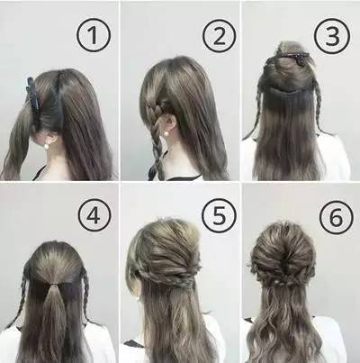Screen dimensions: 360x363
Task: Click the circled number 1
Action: (94, 35)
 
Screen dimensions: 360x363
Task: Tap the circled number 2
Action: (219, 36)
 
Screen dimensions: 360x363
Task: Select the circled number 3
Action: (332, 36)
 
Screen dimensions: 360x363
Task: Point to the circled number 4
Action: (94, 215)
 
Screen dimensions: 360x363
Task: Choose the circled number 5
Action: (219, 215)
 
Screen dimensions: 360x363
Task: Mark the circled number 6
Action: (336, 218)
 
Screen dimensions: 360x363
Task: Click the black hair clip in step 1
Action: (32, 95)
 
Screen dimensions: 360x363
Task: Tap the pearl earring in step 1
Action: (47, 146)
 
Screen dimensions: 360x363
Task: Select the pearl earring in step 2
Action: (166, 133)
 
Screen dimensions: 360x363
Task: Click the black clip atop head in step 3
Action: (290, 57)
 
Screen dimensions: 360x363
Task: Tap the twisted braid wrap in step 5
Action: (168, 277)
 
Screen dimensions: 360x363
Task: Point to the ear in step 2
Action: (170, 123)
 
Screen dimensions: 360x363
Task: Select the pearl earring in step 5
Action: (138, 299)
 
